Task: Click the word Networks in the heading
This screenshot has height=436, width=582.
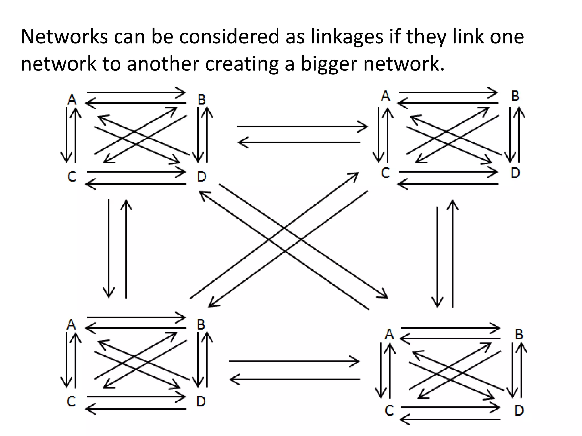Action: pyautogui.click(x=64, y=37)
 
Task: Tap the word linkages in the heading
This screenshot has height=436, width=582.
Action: pyautogui.click(x=347, y=37)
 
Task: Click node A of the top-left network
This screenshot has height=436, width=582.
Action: pyautogui.click(x=72, y=100)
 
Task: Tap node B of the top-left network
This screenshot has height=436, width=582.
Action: pyautogui.click(x=201, y=100)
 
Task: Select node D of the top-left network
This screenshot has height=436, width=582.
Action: pyautogui.click(x=201, y=177)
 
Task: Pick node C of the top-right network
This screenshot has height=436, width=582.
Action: pyautogui.click(x=385, y=173)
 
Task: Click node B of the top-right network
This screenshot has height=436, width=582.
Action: pyautogui.click(x=515, y=96)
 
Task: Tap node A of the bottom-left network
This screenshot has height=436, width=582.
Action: pyautogui.click(x=71, y=324)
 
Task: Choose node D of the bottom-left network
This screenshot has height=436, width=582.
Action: pyautogui.click(x=201, y=401)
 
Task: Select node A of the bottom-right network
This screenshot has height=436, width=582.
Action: pyautogui.click(x=389, y=334)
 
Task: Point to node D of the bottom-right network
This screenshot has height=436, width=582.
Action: pyautogui.click(x=519, y=410)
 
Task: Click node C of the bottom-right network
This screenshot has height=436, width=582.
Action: pyautogui.click(x=389, y=410)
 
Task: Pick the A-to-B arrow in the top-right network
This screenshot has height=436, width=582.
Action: pyautogui.click(x=448, y=93)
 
